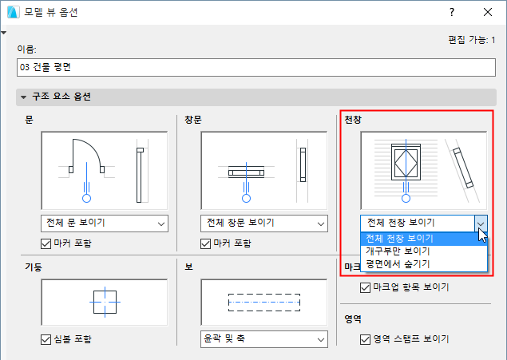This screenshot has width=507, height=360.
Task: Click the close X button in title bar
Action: pyautogui.click(x=488, y=12)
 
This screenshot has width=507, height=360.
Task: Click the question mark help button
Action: pyautogui.click(x=452, y=12)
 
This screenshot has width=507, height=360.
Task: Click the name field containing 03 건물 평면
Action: pyautogui.click(x=256, y=67)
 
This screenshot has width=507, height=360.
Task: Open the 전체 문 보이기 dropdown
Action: pyautogui.click(x=105, y=224)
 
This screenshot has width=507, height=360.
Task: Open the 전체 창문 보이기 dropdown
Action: pyautogui.click(x=264, y=224)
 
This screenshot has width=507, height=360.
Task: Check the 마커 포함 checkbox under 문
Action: pyautogui.click(x=46, y=243)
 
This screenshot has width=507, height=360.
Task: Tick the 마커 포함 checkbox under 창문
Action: pyautogui.click(x=206, y=243)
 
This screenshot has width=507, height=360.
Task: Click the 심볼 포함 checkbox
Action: pyautogui.click(x=46, y=339)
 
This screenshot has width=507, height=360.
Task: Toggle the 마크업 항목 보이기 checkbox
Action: pyautogui.click(x=366, y=287)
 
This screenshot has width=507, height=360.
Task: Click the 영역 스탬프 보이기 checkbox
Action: pyautogui.click(x=366, y=339)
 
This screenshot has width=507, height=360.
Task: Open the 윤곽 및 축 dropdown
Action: pyautogui.click(x=264, y=339)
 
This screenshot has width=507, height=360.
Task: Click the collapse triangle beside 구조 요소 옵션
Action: pyautogui.click(x=23, y=97)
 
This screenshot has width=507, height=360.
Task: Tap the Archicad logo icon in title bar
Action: pyautogui.click(x=14, y=12)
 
